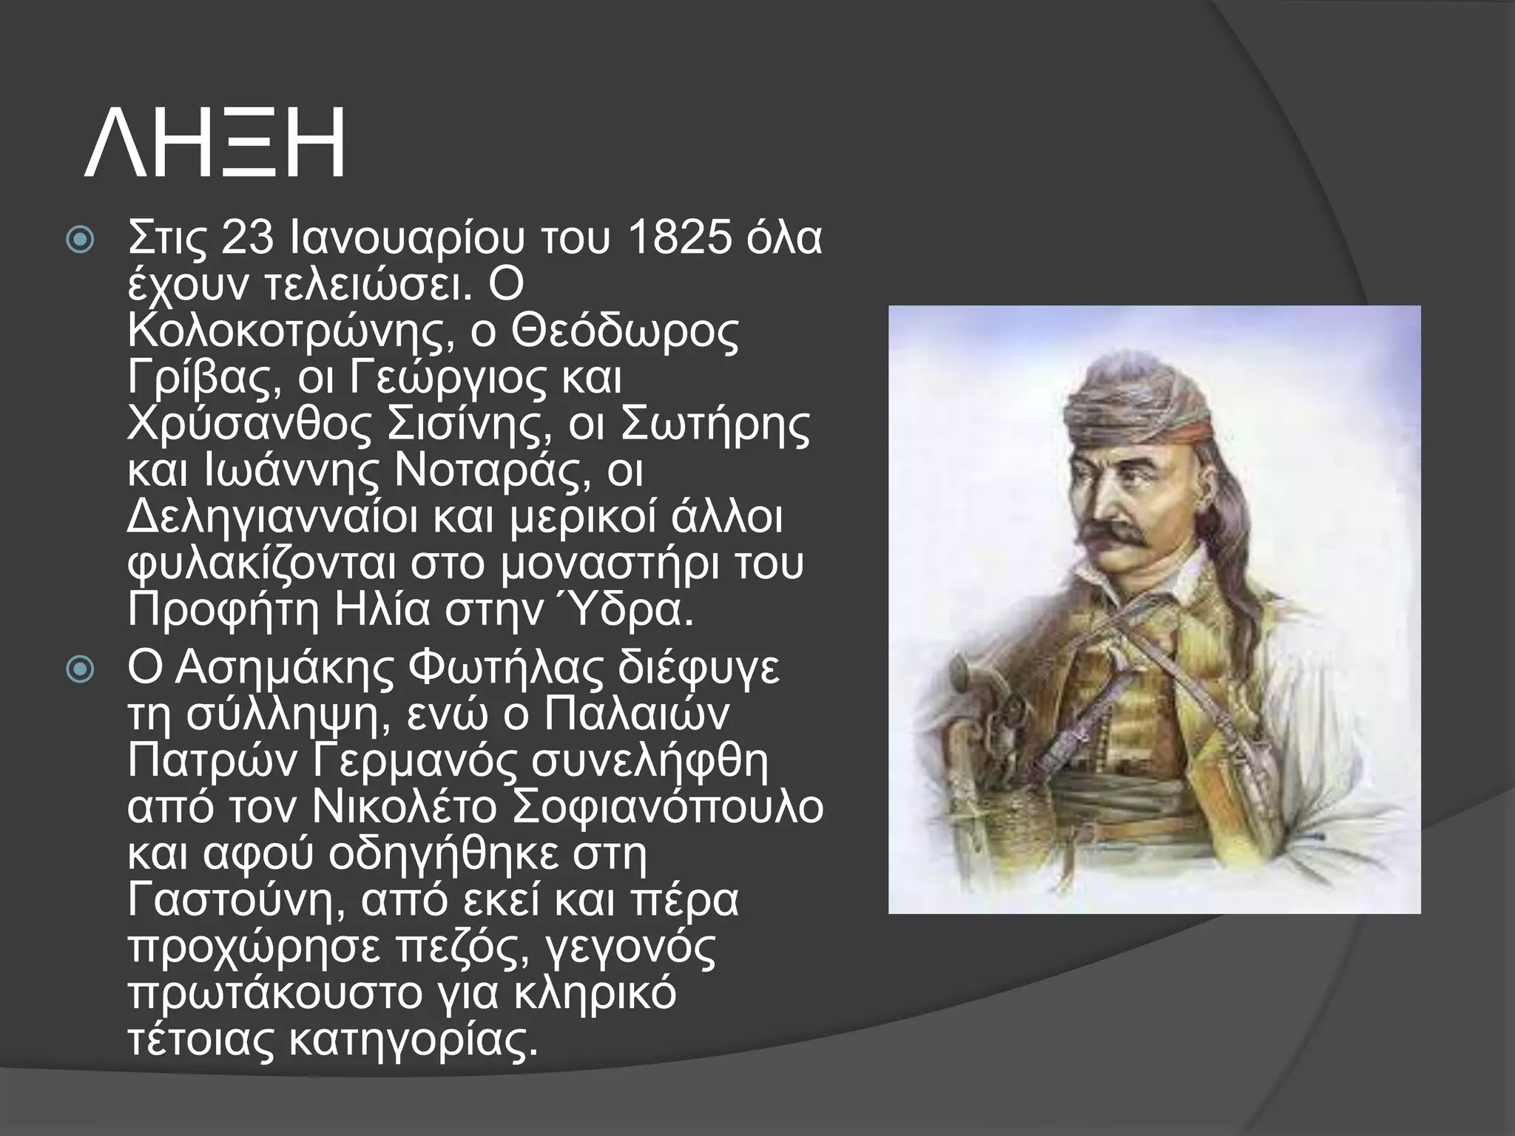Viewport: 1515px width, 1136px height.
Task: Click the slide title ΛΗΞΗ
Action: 215,142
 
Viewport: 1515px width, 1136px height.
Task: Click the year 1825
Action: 680,238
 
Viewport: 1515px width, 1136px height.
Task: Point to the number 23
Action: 247,238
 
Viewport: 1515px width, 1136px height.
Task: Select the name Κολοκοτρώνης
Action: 289,333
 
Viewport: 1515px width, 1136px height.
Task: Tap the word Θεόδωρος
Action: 624,333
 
